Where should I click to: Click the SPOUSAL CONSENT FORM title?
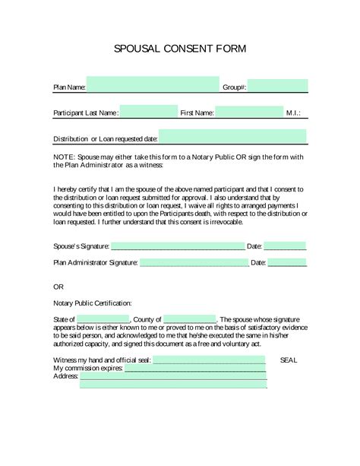point(179,49)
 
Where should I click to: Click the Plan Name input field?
point(152,86)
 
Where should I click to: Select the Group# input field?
point(277,86)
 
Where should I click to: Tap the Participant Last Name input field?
point(148,113)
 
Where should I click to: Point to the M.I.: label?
point(293,113)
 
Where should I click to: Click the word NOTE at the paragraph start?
point(64,156)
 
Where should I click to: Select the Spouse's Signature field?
point(177,246)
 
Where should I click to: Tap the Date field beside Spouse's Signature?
point(286,246)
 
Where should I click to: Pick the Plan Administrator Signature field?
point(194,262)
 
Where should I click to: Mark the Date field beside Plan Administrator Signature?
point(289,262)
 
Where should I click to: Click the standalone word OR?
point(58,288)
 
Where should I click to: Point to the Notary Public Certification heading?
point(92,303)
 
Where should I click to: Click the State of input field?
point(103,319)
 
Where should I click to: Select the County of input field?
point(189,319)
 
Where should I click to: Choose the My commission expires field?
point(189,367)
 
